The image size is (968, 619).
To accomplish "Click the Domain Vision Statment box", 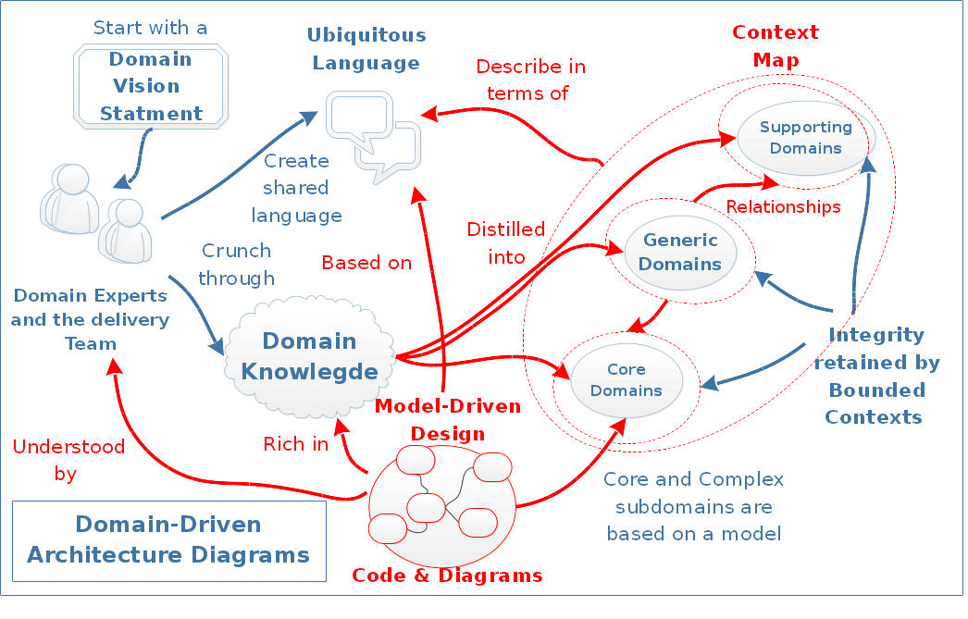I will pyautogui.click(x=151, y=86).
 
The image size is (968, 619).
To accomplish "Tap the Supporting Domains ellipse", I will pyautogui.click(x=805, y=137).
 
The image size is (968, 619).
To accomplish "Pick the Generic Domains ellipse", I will pyautogui.click(x=680, y=251).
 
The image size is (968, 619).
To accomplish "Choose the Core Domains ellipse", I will pyautogui.click(x=627, y=379).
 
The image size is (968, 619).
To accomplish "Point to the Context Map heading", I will pyautogui.click(x=776, y=46).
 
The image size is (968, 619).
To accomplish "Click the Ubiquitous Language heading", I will pyautogui.click(x=366, y=49).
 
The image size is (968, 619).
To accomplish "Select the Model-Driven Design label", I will pyautogui.click(x=448, y=420).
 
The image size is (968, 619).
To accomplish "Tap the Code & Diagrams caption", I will pyautogui.click(x=447, y=576).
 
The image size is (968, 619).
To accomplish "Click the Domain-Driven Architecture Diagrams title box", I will pyautogui.click(x=168, y=540).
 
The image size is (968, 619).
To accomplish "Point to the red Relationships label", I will pyautogui.click(x=783, y=206).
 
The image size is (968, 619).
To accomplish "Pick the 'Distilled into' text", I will pyautogui.click(x=505, y=243).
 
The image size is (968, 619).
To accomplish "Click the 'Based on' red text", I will pyautogui.click(x=366, y=263).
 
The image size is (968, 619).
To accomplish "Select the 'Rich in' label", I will pyautogui.click(x=296, y=444).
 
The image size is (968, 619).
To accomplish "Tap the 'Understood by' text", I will pyautogui.click(x=68, y=460).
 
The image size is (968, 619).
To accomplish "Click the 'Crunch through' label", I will pyautogui.click(x=236, y=264).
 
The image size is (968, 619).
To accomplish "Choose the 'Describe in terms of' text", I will pyautogui.click(x=530, y=80).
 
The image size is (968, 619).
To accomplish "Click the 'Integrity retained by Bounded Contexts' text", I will pyautogui.click(x=876, y=376).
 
